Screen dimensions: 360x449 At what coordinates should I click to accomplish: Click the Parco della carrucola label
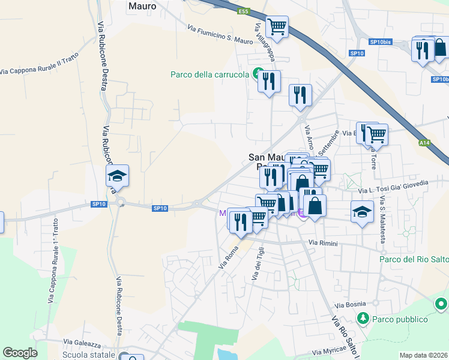coord(209,74)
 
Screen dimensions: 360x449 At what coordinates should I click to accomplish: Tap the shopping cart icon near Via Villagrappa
coord(277,26)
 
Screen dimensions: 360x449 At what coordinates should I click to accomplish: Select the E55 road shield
coord(243,11)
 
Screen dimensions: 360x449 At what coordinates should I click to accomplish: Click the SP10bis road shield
coord(381,42)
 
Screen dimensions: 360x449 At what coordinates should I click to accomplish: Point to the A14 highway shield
coord(424,143)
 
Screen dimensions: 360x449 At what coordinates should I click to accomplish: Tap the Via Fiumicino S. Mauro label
coord(220,35)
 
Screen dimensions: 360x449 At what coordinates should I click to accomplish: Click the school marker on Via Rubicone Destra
coord(118,176)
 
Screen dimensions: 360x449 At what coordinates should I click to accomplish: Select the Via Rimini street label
coord(324,242)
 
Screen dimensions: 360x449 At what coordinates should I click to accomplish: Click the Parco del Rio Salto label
coord(414,259)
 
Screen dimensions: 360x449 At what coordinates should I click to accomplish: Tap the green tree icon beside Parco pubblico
coord(362,317)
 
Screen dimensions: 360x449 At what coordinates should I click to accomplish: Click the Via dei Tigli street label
coord(257,265)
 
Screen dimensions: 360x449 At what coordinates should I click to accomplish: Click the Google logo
coord(20,353)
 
